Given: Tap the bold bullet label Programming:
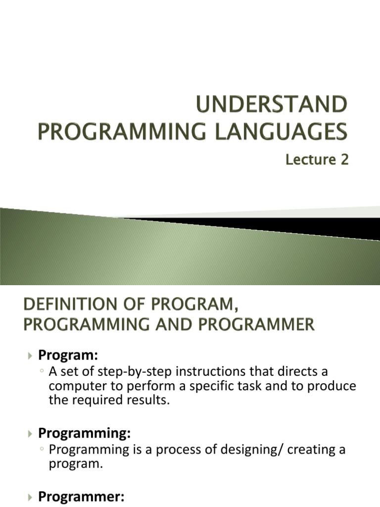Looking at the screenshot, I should pos(85,433).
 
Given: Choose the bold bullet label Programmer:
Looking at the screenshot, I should pos(81,498).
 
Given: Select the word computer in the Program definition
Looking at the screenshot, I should pos(75,386).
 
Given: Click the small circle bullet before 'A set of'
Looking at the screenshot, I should pos(43,372).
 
